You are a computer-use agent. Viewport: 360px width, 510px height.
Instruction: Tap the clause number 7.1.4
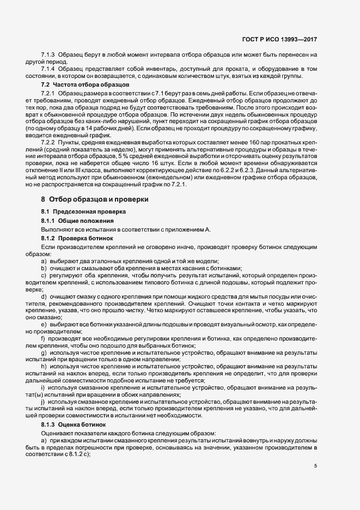48,70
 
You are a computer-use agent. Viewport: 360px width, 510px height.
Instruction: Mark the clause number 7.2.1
48,95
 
